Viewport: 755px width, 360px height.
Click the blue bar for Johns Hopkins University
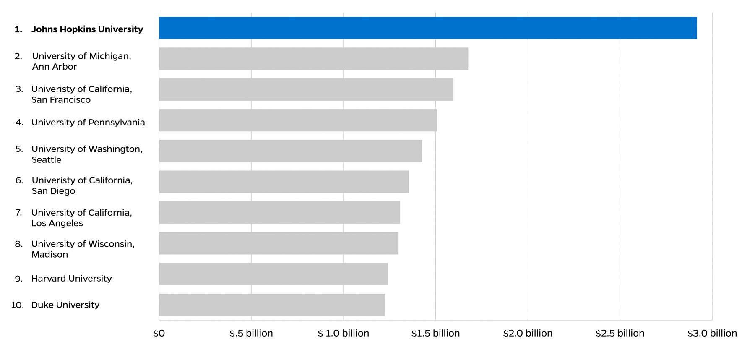click(428, 28)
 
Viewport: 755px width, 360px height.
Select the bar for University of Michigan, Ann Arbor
click(313, 59)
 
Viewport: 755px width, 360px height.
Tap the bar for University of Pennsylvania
click(298, 120)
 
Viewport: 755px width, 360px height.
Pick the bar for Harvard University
click(273, 274)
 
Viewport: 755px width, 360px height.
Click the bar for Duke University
click(272, 305)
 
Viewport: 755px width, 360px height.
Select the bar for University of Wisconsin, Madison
click(279, 243)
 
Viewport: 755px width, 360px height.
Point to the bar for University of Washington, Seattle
click(290, 151)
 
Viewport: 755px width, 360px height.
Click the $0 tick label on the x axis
click(159, 334)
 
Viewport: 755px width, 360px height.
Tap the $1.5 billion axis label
click(435, 334)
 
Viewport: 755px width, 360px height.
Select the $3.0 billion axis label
click(712, 334)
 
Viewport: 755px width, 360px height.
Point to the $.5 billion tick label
click(251, 334)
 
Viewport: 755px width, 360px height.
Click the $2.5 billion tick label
click(620, 334)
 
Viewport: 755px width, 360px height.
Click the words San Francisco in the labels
click(61, 100)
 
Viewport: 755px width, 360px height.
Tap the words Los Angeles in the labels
click(57, 223)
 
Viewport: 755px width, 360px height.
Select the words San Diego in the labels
click(53, 191)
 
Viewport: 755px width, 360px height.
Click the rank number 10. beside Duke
click(18, 305)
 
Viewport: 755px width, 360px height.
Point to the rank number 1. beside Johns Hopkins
click(18, 29)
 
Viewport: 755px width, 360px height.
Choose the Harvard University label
click(71, 279)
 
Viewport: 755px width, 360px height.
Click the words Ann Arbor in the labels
click(54, 67)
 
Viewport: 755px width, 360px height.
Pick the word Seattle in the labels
click(46, 160)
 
